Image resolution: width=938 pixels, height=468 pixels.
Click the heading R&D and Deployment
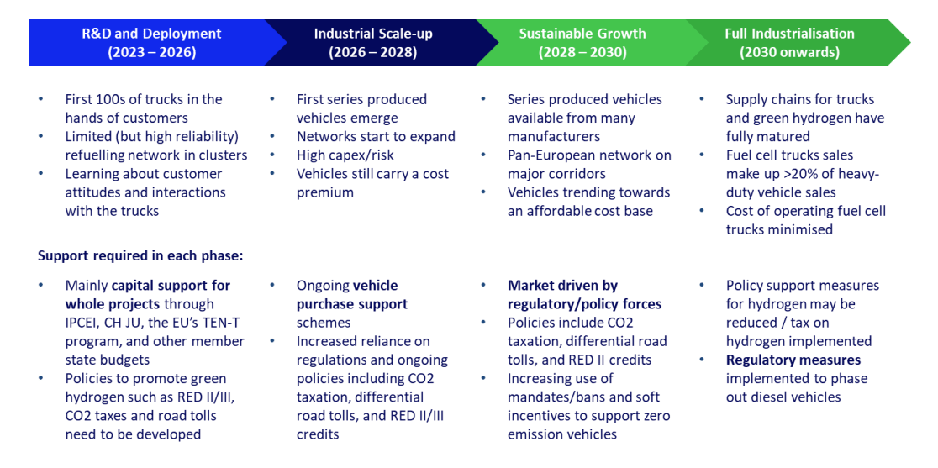(151, 34)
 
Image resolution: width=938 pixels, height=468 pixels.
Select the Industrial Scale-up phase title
(373, 34)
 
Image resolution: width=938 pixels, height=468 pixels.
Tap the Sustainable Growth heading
(583, 34)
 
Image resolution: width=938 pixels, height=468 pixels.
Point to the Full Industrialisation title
(789, 34)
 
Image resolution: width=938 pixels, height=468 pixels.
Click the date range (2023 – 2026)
(152, 53)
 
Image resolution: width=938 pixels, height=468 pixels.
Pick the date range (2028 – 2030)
(582, 53)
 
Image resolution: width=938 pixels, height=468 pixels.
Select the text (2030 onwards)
(789, 53)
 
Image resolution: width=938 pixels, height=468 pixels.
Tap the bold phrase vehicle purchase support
(352, 295)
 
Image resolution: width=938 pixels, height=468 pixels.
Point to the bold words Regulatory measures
(793, 360)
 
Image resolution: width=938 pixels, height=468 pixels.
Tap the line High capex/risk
(345, 155)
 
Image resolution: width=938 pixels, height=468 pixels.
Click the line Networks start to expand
(376, 137)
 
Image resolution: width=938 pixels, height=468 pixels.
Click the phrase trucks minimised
(779, 229)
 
